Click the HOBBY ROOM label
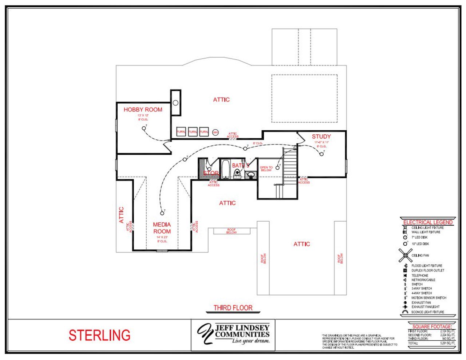click(143, 110)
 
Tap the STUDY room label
click(321, 137)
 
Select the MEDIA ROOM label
click(162, 228)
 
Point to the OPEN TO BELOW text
click(266, 169)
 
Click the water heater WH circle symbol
click(216, 132)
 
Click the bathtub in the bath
click(226, 169)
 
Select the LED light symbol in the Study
click(321, 154)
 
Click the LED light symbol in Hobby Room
click(144, 128)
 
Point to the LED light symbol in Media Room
click(162, 213)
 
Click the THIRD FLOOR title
click(233, 308)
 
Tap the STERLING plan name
click(99, 335)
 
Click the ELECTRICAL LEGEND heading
click(428, 222)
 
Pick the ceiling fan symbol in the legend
click(405, 256)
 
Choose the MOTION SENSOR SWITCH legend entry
click(429, 298)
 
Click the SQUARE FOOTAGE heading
click(432, 327)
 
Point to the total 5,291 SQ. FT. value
click(447, 343)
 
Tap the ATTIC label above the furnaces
click(221, 100)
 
